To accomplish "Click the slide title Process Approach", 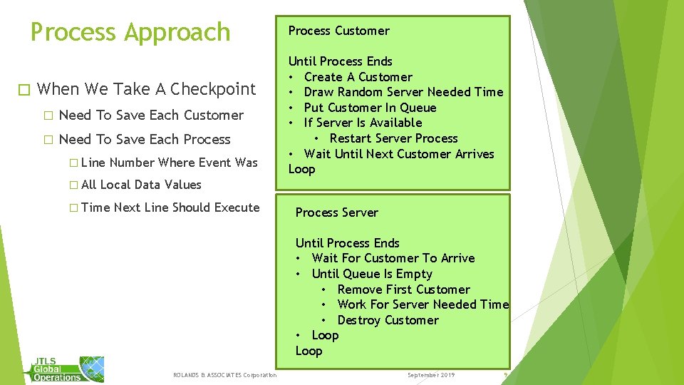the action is click(x=130, y=33).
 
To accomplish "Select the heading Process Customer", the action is click(x=338, y=31).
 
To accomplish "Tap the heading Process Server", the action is click(x=336, y=212).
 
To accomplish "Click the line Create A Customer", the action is click(x=358, y=77).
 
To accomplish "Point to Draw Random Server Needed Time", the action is click(x=403, y=92).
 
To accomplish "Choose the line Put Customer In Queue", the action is click(x=370, y=108).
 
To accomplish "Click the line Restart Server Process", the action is click(x=393, y=138).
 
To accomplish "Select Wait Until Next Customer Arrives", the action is click(x=398, y=154).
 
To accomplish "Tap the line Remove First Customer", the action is click(x=403, y=289).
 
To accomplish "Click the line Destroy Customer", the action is click(x=388, y=320).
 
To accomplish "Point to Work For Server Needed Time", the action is click(x=423, y=304).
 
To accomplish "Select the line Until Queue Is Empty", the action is click(x=372, y=274).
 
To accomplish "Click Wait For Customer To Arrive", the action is click(x=393, y=258).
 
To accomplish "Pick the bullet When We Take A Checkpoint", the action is click(x=146, y=89).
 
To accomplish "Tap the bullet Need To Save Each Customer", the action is click(x=151, y=115).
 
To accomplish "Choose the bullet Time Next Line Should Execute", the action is click(x=170, y=207).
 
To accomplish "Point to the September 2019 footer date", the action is click(x=430, y=375).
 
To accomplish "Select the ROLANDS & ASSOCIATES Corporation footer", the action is click(x=224, y=375).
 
